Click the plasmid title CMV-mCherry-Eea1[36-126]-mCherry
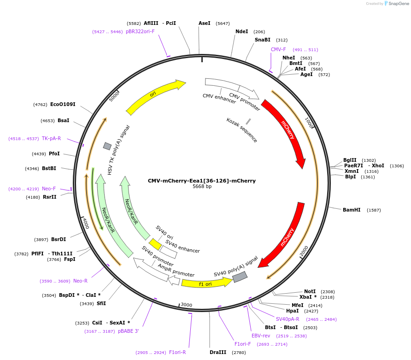pos(201,181)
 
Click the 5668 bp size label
pos(202,187)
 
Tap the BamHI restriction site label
pos(352,210)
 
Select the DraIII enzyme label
pos(217,353)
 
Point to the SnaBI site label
pos(263,40)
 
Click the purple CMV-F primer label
pos(278,50)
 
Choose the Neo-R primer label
pos(80,281)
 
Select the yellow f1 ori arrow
pos(205,283)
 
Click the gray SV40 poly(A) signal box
pos(240,277)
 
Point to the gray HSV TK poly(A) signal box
pos(107,146)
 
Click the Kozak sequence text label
pos(241,130)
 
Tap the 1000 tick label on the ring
pos(309,123)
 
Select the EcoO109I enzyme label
pos(63,105)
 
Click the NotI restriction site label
pos(310,291)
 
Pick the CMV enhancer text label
pos(219,99)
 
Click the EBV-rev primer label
pos(261,336)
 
